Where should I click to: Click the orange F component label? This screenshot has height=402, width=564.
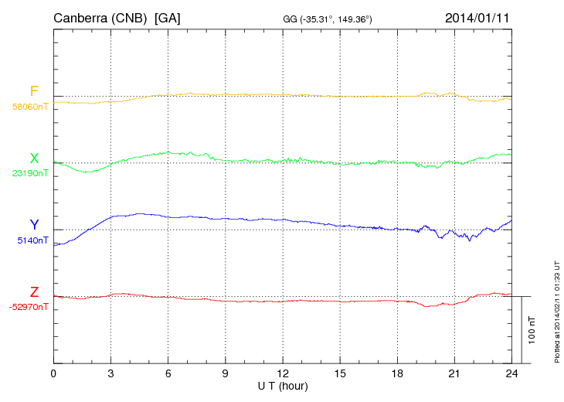click(x=33, y=91)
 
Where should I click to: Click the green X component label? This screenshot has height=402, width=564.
click(x=33, y=158)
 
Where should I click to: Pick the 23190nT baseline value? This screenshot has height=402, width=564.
click(x=29, y=174)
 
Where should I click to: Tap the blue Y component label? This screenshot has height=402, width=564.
click(x=33, y=225)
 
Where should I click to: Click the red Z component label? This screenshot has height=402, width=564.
click(x=33, y=291)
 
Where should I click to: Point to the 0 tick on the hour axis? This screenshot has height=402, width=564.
click(x=53, y=373)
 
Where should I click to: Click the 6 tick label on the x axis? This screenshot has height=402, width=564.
click(x=168, y=373)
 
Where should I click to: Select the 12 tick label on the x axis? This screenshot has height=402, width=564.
click(x=283, y=373)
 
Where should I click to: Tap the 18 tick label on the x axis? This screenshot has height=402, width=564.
click(x=397, y=373)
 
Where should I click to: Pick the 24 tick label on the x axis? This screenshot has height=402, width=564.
click(x=511, y=373)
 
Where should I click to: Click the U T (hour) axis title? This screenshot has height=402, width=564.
click(x=283, y=385)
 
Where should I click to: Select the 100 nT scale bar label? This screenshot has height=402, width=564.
click(x=532, y=329)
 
